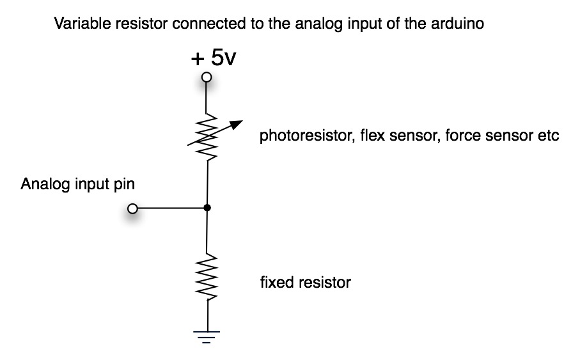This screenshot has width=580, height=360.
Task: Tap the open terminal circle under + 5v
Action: [206, 78]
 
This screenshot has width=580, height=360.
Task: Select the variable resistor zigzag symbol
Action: [207, 136]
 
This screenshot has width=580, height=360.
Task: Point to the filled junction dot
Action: [207, 208]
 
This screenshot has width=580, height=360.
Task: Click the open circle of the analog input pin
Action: [132, 208]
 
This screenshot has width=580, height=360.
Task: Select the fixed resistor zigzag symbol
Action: [207, 278]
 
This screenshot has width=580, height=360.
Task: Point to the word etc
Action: [549, 137]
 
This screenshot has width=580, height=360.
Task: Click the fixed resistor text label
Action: [305, 282]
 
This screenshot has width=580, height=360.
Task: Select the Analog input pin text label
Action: [78, 185]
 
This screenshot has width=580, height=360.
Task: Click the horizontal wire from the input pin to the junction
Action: [169, 208]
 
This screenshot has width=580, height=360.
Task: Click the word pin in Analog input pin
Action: [126, 185]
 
